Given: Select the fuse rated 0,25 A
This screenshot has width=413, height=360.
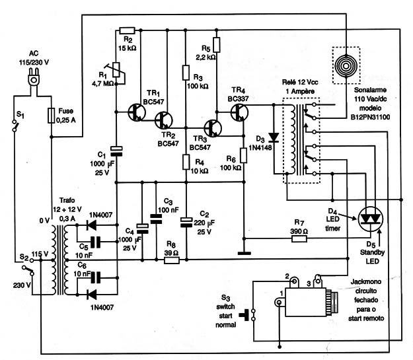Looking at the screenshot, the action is (52, 116).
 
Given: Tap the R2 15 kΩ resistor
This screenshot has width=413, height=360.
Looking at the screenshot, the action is (128, 30).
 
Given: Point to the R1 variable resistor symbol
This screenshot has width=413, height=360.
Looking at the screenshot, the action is (118, 71).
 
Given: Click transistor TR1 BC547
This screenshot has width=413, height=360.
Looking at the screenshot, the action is (136, 112).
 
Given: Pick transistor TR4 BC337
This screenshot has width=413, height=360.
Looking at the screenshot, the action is (239, 112).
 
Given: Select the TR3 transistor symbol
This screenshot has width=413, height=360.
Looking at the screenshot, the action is (213, 128).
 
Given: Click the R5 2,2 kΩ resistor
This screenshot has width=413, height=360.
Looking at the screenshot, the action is (217, 45).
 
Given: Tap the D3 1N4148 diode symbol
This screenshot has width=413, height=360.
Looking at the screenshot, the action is (274, 137).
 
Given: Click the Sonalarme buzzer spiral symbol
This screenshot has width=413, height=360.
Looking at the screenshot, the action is (346, 66).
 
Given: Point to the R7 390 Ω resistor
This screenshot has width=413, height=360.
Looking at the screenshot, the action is (299, 239).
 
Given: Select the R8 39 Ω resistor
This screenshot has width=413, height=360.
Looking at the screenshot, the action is (172, 260).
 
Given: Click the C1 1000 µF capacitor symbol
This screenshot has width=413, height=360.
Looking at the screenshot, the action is (116, 151).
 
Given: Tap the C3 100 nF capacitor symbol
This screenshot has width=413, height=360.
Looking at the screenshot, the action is (156, 219).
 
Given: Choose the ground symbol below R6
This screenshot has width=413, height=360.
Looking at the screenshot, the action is (244, 254).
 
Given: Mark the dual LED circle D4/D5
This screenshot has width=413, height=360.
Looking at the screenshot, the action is (371, 219).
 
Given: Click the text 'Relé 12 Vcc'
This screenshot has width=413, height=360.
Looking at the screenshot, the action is (300, 82).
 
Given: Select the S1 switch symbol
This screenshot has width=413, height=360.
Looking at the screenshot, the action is (15, 126).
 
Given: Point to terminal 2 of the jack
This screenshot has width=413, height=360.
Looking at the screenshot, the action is (294, 282).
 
